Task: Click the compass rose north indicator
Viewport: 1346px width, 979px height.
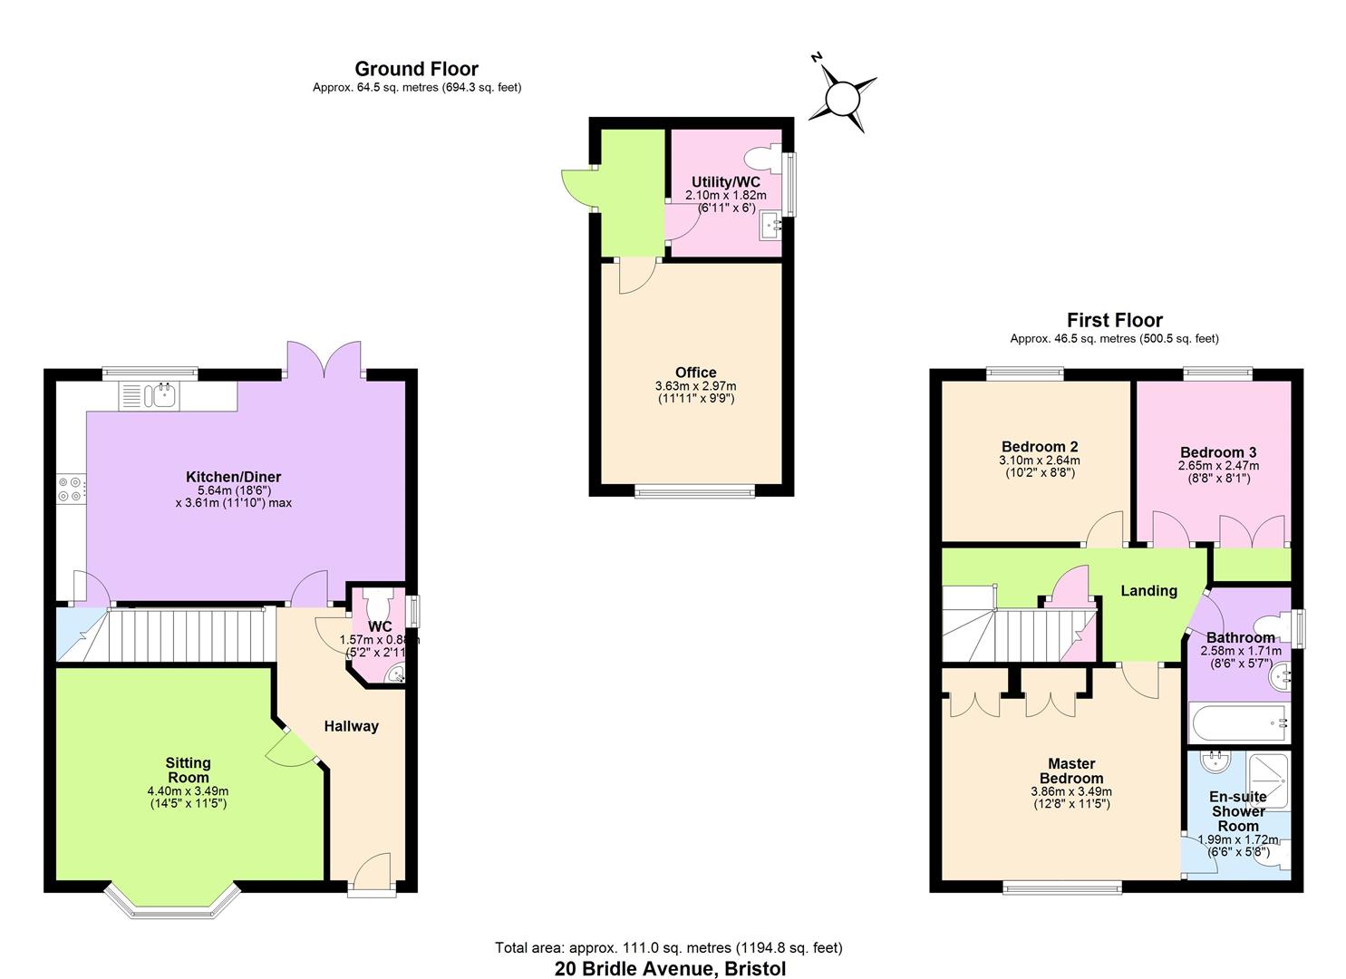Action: tap(842, 95)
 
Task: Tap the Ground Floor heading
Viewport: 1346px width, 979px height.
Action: tap(416, 69)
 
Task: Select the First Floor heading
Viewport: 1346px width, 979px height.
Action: tap(1114, 320)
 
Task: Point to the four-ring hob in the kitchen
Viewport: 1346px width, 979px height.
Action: tap(70, 489)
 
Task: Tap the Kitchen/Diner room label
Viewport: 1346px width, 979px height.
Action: tap(233, 477)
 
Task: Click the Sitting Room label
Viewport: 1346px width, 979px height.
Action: tap(188, 770)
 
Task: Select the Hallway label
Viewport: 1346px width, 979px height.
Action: tap(351, 726)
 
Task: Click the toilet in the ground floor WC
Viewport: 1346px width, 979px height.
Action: tap(377, 601)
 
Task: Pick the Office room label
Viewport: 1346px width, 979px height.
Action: tap(695, 373)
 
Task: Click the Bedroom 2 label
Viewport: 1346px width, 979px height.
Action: tap(1040, 447)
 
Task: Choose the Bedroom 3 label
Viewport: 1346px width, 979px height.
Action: tap(1218, 452)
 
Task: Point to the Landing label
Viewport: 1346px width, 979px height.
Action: tap(1148, 591)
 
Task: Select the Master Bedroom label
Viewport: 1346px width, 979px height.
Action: tap(1071, 771)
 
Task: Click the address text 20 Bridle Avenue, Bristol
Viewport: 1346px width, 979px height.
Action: tap(671, 968)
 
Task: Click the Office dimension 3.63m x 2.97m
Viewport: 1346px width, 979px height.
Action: tap(695, 386)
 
